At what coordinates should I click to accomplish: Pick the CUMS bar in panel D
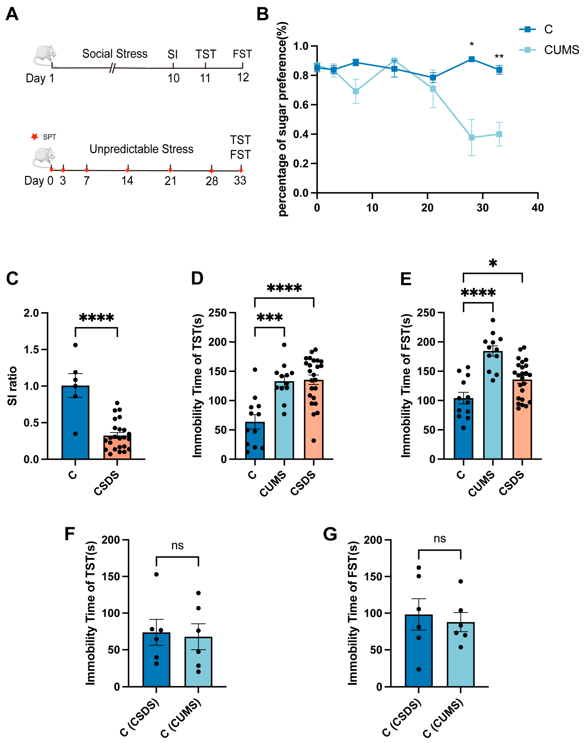[284, 421]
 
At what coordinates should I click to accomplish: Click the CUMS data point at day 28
[472, 137]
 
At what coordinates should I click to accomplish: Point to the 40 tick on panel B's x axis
[538, 208]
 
